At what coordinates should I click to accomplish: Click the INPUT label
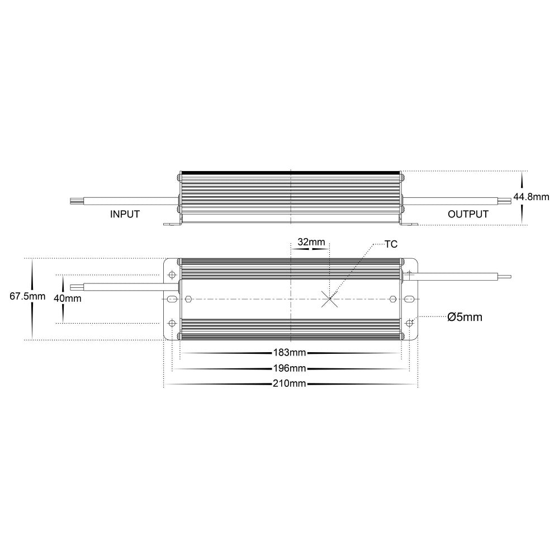coord(125,214)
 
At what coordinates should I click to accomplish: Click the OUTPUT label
coord(468,214)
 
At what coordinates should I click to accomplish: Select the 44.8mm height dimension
coord(531,197)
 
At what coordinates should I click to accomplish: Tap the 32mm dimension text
coord(311,242)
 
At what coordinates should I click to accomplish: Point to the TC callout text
coord(391,244)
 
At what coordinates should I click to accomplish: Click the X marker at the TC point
coord(330,299)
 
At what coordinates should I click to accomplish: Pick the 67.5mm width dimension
coord(27,297)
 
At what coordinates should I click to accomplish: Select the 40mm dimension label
coord(67,298)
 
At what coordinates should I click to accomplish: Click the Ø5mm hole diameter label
coord(465,317)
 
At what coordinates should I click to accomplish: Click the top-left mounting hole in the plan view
coord(172,275)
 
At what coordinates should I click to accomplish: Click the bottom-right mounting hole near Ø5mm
coord(410,323)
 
